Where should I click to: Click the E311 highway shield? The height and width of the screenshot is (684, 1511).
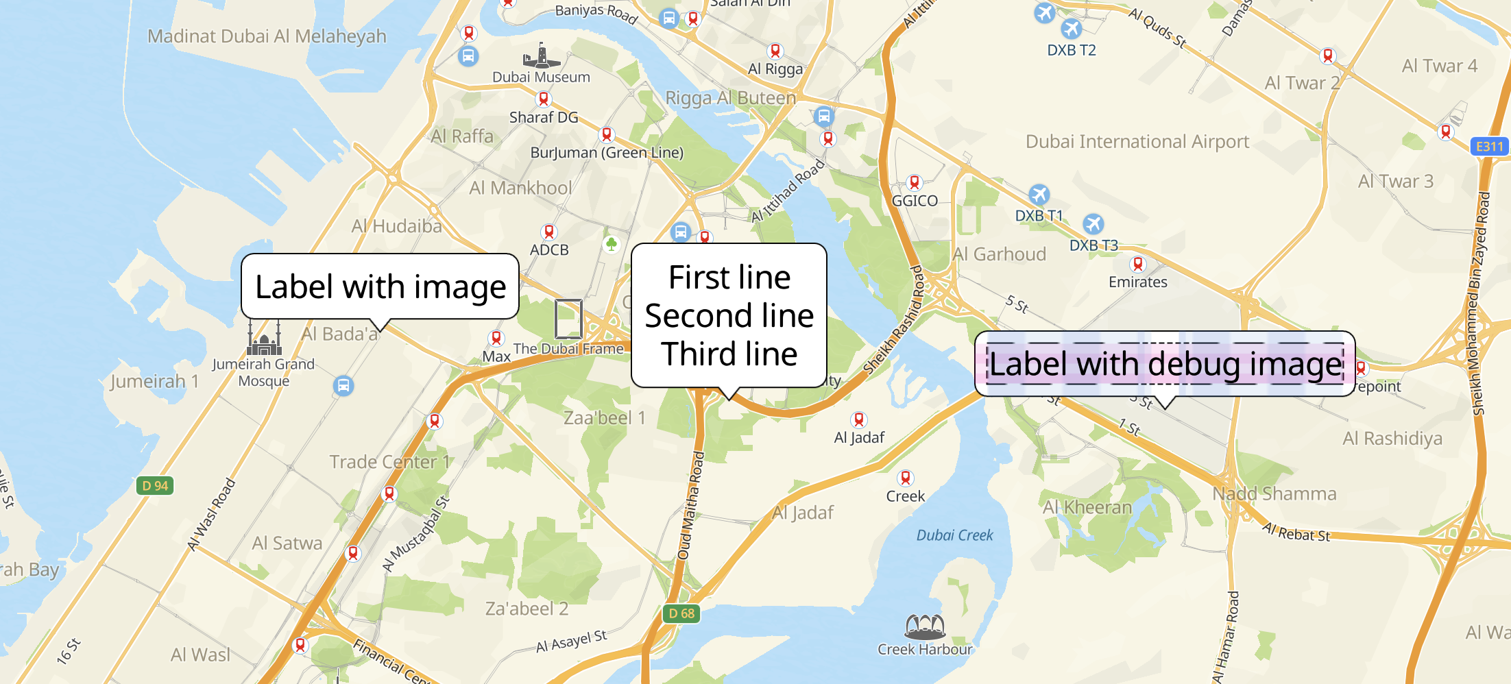pos(1489,146)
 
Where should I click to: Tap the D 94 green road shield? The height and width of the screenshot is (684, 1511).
pos(155,486)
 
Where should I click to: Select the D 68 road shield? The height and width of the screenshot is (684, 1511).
pos(681,613)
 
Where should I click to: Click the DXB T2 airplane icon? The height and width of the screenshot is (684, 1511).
pos(1071,29)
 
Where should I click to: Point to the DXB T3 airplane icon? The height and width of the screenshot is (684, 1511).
pos(1093,224)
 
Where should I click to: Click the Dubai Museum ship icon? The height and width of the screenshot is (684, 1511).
pos(541,56)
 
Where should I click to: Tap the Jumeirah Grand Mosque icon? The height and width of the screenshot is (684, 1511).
pos(265,338)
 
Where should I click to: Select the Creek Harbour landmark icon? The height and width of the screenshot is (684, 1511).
pos(925,626)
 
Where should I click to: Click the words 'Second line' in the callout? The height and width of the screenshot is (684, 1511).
pos(729,316)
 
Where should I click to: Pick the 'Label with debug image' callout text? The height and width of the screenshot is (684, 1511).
pos(1165,364)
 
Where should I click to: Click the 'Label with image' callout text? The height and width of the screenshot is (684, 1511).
pos(380,286)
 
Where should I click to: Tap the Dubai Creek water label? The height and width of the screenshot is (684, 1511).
pos(954,535)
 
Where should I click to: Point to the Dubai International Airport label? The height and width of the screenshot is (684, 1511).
pos(1137,142)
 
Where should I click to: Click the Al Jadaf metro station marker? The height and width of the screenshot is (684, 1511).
pos(858,419)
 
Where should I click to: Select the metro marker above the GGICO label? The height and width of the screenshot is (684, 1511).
pos(914,182)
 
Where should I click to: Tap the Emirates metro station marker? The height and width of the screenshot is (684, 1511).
pos(1137,264)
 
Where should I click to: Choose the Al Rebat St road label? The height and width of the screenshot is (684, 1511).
pos(1296,533)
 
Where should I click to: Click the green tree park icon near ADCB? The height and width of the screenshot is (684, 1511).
pos(611,243)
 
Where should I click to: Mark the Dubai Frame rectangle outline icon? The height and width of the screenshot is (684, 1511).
pos(568,319)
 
